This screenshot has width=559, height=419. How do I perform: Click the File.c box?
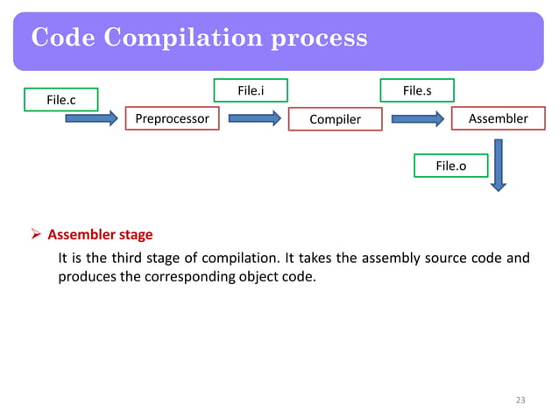click(61, 100)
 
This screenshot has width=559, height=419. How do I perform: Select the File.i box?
click(251, 89)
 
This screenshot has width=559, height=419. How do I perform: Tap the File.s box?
click(416, 89)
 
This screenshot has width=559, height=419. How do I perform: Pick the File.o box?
click(450, 165)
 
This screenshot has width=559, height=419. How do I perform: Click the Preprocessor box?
click(172, 118)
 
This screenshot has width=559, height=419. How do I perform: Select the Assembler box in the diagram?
click(498, 118)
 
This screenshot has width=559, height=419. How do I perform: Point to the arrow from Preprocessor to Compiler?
click(252, 118)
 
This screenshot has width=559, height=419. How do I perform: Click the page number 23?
click(520, 401)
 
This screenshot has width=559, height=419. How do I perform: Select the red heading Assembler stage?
click(100, 235)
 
